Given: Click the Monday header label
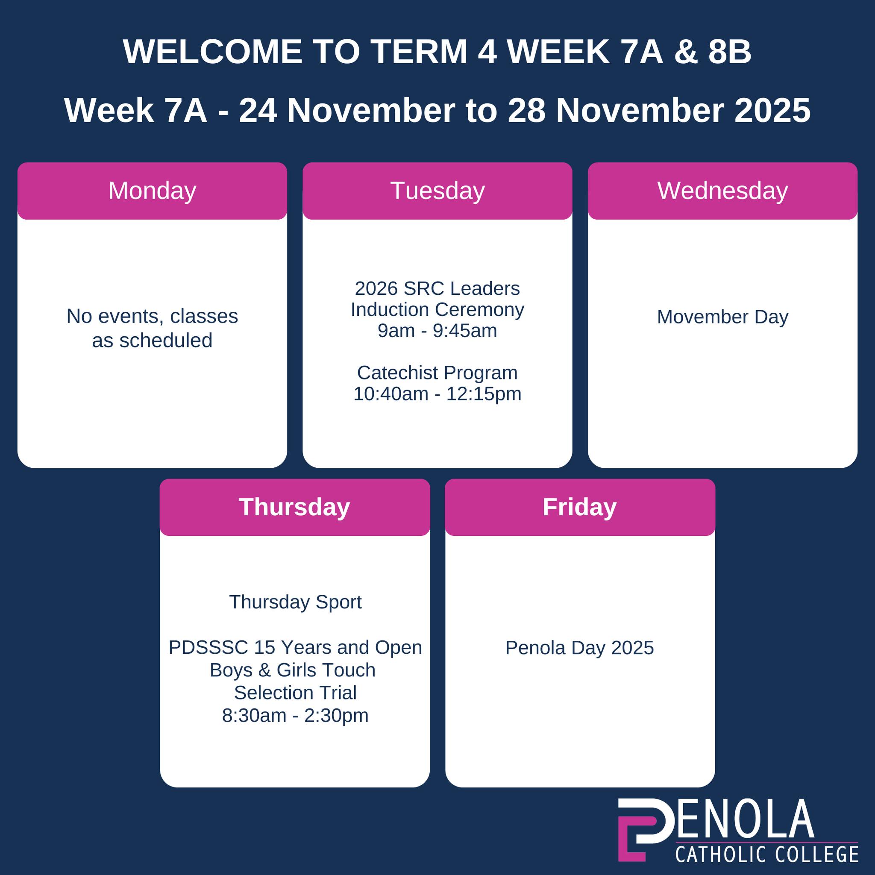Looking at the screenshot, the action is point(152,191).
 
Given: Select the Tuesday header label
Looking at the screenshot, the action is point(437,191).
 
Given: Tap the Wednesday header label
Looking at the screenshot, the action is point(723,191).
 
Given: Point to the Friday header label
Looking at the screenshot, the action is point(580,507).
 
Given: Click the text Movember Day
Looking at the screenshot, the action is point(723,317).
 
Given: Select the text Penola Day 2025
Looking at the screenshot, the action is point(580,648).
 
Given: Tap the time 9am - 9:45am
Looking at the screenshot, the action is point(437,331).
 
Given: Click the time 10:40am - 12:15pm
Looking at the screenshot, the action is point(437,394).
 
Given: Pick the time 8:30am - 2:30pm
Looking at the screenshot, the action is point(295,716).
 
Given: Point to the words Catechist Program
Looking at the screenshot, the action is point(437,373).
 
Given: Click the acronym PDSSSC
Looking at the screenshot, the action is point(208,648).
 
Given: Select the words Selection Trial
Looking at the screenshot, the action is point(295,693).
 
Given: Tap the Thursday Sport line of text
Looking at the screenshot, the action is point(295,602).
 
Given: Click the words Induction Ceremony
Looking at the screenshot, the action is point(437,310).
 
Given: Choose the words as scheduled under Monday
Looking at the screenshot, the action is point(152,341).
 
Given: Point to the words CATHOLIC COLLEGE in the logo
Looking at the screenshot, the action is point(767,854).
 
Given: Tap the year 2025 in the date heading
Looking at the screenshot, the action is point(772,111).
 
